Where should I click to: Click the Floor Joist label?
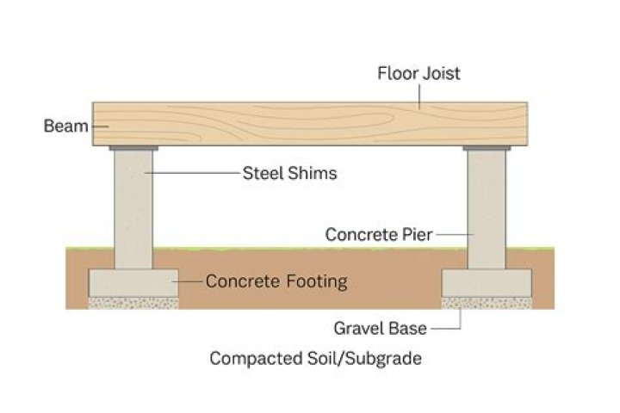click(x=418, y=73)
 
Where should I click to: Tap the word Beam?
click(x=65, y=127)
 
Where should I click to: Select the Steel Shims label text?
click(x=289, y=174)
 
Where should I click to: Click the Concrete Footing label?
click(x=276, y=280)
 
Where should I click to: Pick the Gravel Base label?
click(x=380, y=328)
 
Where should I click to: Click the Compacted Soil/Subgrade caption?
click(x=315, y=359)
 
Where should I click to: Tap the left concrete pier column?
click(x=133, y=211)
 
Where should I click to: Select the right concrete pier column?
click(x=487, y=211)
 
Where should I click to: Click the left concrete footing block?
click(x=133, y=283)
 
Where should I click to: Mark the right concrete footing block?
click(x=487, y=283)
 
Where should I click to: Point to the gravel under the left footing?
click(x=133, y=303)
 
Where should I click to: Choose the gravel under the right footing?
click(x=487, y=303)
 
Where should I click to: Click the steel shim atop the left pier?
click(x=133, y=150)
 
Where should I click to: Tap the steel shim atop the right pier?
click(x=487, y=150)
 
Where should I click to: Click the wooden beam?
click(x=310, y=126)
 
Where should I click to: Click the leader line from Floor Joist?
click(x=418, y=95)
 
